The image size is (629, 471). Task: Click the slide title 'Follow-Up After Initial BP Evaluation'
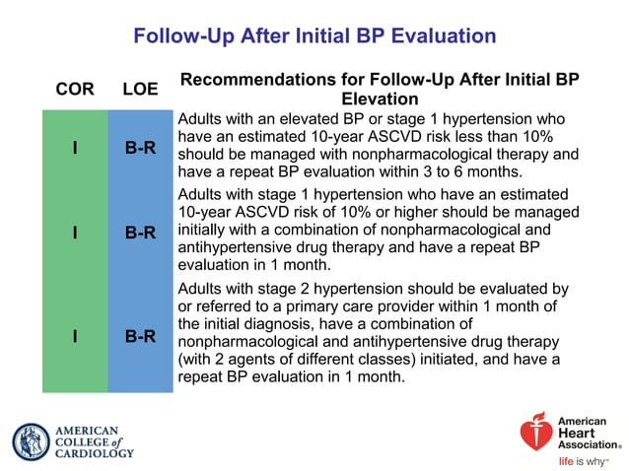click(x=314, y=36)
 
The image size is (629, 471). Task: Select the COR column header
click(x=75, y=89)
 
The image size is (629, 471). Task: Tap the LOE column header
click(x=140, y=89)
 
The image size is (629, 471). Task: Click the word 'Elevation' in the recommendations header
click(x=379, y=100)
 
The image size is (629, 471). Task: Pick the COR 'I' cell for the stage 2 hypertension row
click(x=75, y=336)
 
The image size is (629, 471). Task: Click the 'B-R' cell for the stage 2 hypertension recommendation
click(x=140, y=336)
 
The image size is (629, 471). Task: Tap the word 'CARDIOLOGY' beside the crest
click(x=94, y=454)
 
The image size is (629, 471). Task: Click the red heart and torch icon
click(x=536, y=434)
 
